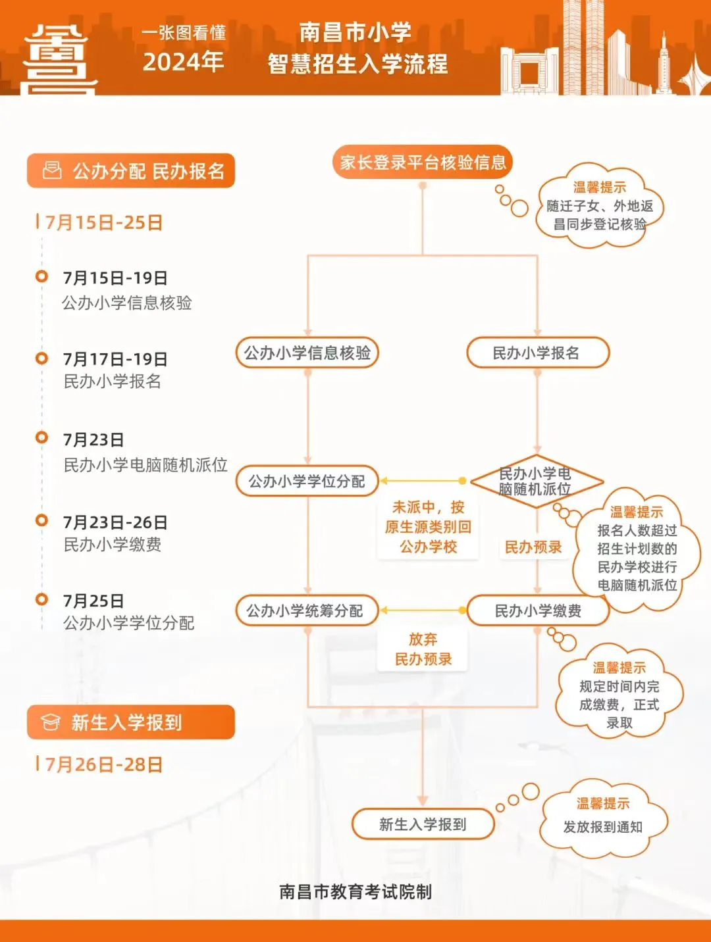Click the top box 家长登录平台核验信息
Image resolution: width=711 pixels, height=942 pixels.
[423, 162]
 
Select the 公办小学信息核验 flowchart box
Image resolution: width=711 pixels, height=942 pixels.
[307, 353]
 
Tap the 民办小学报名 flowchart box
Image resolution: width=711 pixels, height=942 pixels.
[538, 353]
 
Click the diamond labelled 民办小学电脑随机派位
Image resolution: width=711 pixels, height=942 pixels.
[537, 481]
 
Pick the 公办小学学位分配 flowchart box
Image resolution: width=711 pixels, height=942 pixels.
[307, 481]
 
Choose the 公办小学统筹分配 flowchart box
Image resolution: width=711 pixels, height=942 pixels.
[307, 610]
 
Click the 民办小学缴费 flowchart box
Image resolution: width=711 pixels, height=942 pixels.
[538, 610]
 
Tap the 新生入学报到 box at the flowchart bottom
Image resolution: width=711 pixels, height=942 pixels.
[423, 824]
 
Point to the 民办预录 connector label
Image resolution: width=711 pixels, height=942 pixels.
[533, 547]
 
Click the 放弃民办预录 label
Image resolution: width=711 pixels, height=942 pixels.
[423, 649]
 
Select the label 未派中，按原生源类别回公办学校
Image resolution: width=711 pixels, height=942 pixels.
[428, 527]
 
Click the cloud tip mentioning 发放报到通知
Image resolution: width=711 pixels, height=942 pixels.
[603, 818]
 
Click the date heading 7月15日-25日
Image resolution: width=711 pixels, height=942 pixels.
[104, 223]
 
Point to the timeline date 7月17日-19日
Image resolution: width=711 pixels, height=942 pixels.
[115, 359]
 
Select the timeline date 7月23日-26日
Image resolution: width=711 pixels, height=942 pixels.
[115, 522]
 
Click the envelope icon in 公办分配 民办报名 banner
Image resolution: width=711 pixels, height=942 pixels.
[52, 170]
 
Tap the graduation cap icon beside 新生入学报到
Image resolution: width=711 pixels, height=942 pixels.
[50, 722]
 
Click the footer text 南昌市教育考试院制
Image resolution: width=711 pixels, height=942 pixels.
[355, 892]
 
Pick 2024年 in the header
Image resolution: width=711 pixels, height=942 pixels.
[183, 62]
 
